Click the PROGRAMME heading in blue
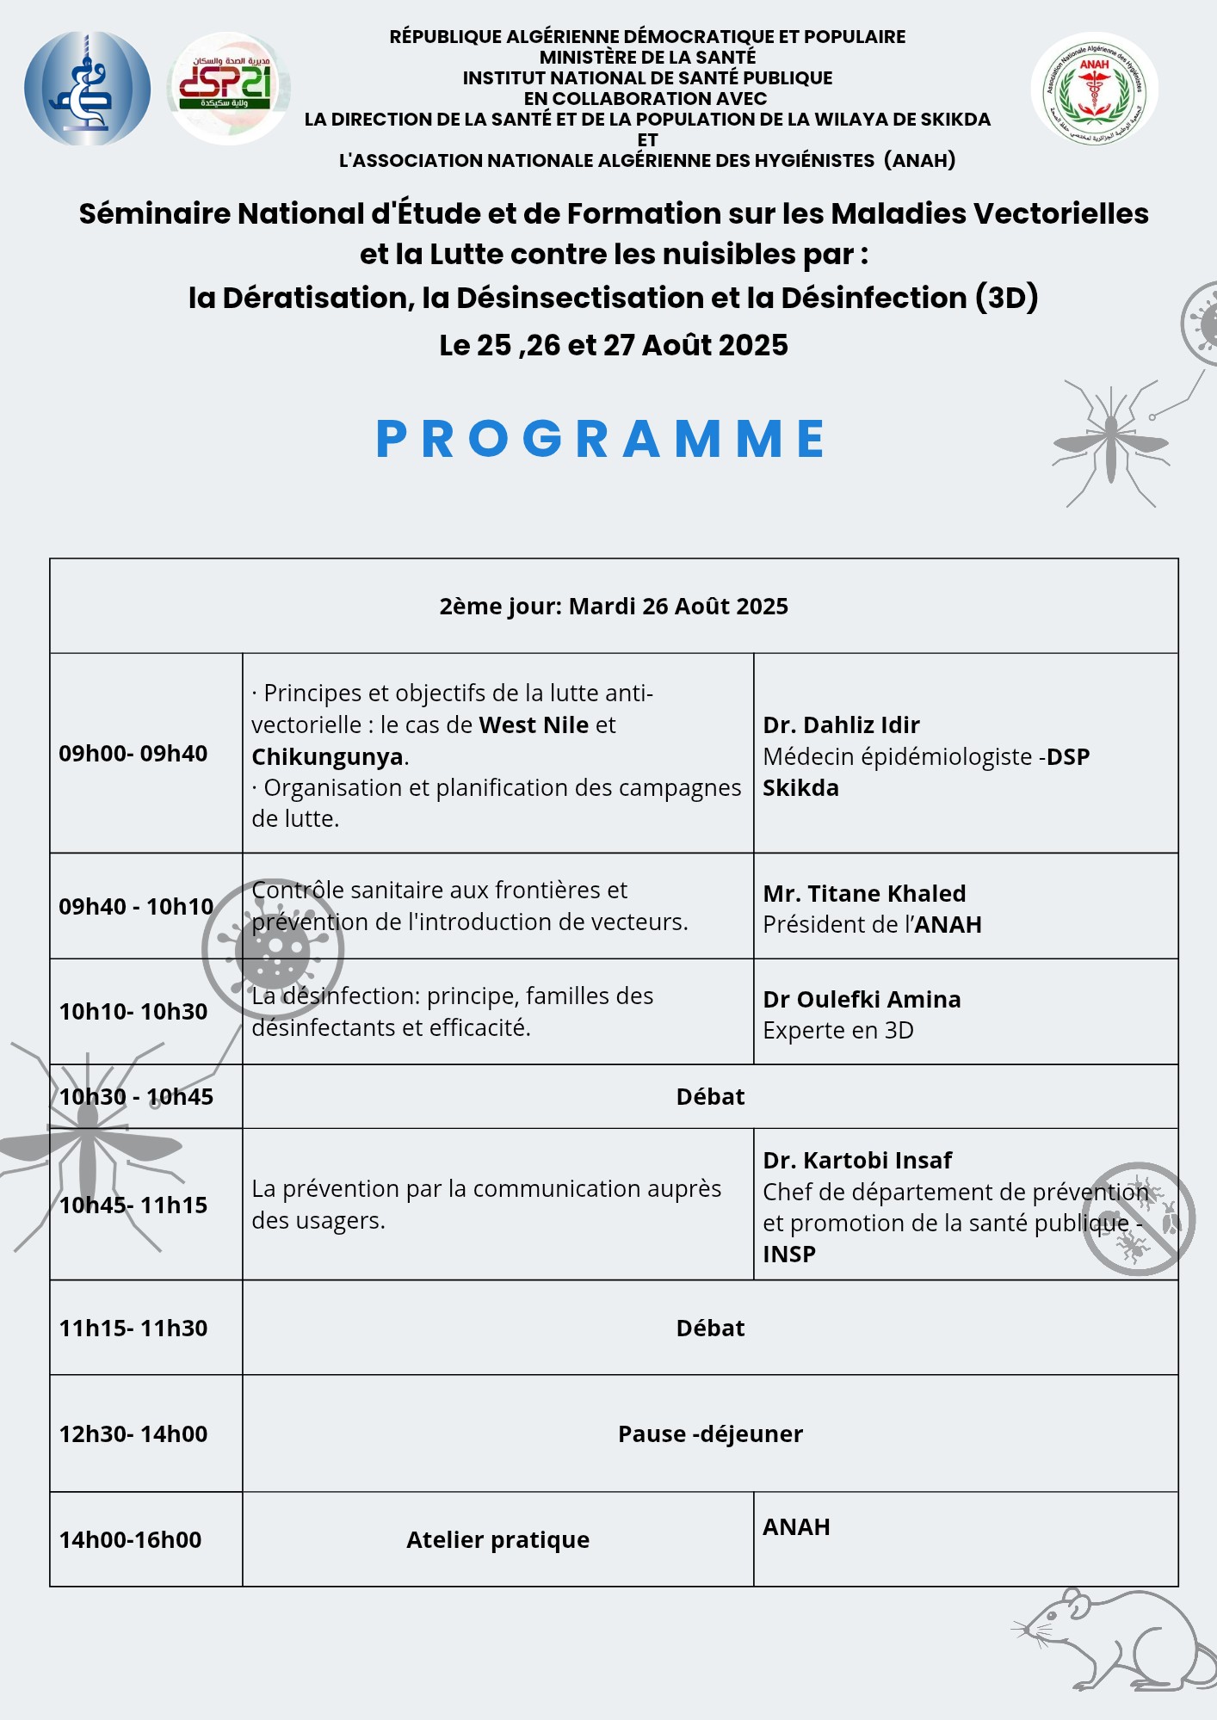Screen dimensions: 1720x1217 [601, 438]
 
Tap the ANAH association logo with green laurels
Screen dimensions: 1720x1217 [1094, 89]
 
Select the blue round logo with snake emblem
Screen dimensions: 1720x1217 [87, 88]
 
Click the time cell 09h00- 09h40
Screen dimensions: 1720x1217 [133, 754]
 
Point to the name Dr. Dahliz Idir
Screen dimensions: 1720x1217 [841, 724]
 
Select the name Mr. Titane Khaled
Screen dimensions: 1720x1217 [864, 893]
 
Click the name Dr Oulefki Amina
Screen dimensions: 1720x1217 [862, 999]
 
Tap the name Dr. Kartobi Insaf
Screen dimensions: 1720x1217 [857, 1160]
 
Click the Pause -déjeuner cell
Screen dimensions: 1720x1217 [710, 1433]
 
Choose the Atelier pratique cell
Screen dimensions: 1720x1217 [497, 1539]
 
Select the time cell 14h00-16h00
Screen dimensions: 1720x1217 [130, 1539]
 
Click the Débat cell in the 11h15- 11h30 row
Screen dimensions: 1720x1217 [710, 1328]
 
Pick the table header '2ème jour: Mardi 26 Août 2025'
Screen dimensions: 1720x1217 [614, 607]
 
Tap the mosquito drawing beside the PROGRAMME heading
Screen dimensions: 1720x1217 [1111, 443]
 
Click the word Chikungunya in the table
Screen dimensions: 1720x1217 [327, 756]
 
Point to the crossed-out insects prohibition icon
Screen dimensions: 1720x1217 [1138, 1218]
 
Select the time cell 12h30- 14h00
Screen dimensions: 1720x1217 [133, 1433]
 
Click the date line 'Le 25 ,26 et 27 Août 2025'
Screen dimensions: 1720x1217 [614, 345]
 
